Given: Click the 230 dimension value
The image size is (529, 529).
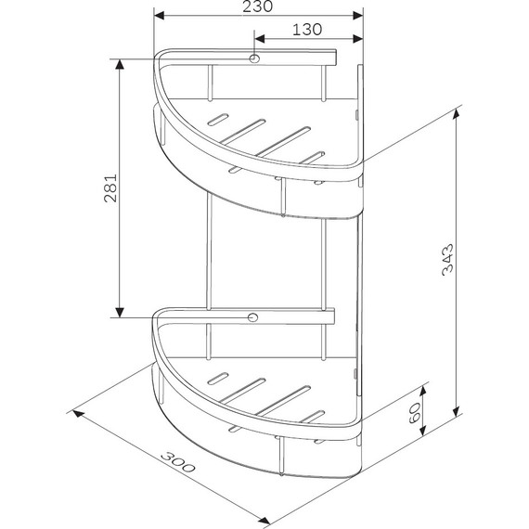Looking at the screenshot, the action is point(257,6).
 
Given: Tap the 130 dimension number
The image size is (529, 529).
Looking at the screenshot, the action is point(307,30).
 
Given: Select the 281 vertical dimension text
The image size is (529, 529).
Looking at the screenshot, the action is point(110,188).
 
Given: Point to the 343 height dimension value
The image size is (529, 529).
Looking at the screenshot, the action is point(447,260).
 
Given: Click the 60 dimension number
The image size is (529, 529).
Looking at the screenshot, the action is point(414,413).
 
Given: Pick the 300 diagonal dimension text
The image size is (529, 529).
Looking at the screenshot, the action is point(178,462).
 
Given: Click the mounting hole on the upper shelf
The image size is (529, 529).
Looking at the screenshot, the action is point(254,58).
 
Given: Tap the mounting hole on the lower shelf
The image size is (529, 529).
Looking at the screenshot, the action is point(252,317).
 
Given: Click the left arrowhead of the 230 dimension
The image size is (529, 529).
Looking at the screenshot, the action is point(159,16).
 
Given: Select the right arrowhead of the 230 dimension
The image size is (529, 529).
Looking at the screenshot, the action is point(357,16).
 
